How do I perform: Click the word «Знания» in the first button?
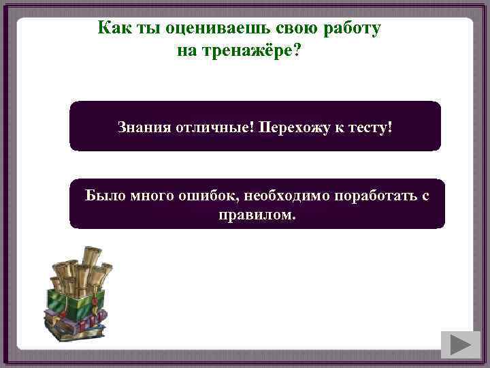point(141,127)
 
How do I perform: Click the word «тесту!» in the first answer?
point(370,127)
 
